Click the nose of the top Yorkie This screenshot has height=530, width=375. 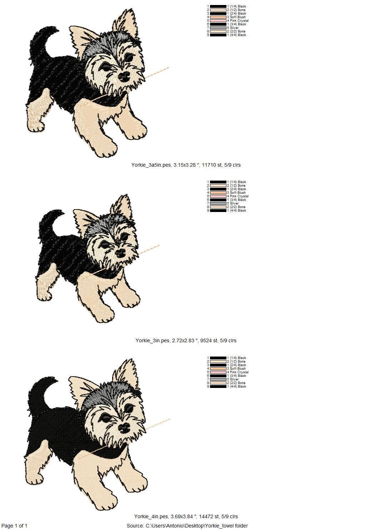click(x=124, y=76)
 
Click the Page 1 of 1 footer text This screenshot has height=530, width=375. click(x=14, y=526)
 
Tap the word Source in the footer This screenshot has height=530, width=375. click(x=135, y=526)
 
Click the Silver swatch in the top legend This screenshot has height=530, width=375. click(x=218, y=28)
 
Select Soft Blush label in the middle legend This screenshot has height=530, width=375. click(x=238, y=193)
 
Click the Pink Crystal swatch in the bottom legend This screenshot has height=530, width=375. click(x=218, y=372)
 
